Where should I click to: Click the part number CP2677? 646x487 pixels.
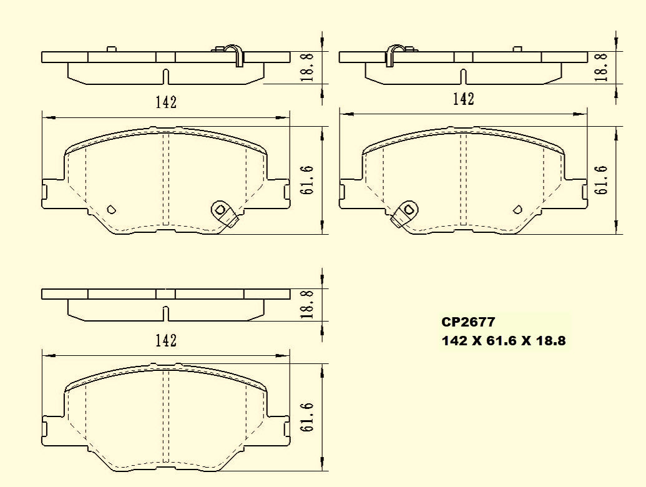[468, 323]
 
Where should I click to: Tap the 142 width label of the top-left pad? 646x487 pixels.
[166, 103]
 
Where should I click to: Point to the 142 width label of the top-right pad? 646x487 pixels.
[463, 99]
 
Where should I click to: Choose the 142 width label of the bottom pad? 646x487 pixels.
[166, 341]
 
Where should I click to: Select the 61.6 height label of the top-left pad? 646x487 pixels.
[306, 181]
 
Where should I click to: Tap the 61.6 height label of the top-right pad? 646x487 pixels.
[602, 180]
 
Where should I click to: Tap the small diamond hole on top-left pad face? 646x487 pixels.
[112, 209]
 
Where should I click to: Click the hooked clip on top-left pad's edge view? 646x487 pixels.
[235, 54]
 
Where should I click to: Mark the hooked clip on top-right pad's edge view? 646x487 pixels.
[393, 54]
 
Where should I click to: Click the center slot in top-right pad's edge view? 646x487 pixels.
[462, 76]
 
